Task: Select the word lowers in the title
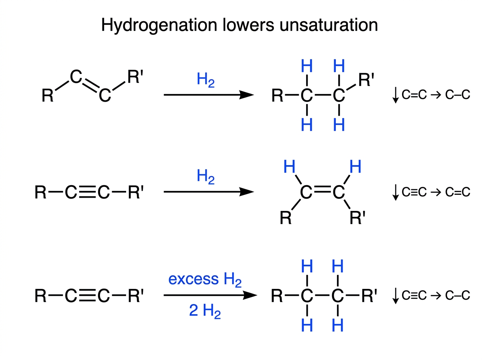tap(248, 25)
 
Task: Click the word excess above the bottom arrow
tap(194, 279)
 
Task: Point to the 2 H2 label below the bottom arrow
tap(205, 311)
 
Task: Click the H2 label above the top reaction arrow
tap(206, 80)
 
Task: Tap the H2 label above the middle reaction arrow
tap(206, 177)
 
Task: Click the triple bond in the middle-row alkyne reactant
tap(87, 192)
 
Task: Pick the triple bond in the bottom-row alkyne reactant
tap(87, 295)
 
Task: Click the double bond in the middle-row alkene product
tap(323, 189)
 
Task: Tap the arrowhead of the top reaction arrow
tap(246, 95)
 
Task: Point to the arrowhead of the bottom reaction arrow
tap(250, 295)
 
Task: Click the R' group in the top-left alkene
tap(135, 77)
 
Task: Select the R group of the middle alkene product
tap(286, 218)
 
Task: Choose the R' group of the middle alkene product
tap(357, 218)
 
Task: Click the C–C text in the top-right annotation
tap(457, 95)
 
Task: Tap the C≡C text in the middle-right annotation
tap(414, 192)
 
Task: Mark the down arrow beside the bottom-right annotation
tap(396, 295)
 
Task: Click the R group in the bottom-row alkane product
tap(277, 296)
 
